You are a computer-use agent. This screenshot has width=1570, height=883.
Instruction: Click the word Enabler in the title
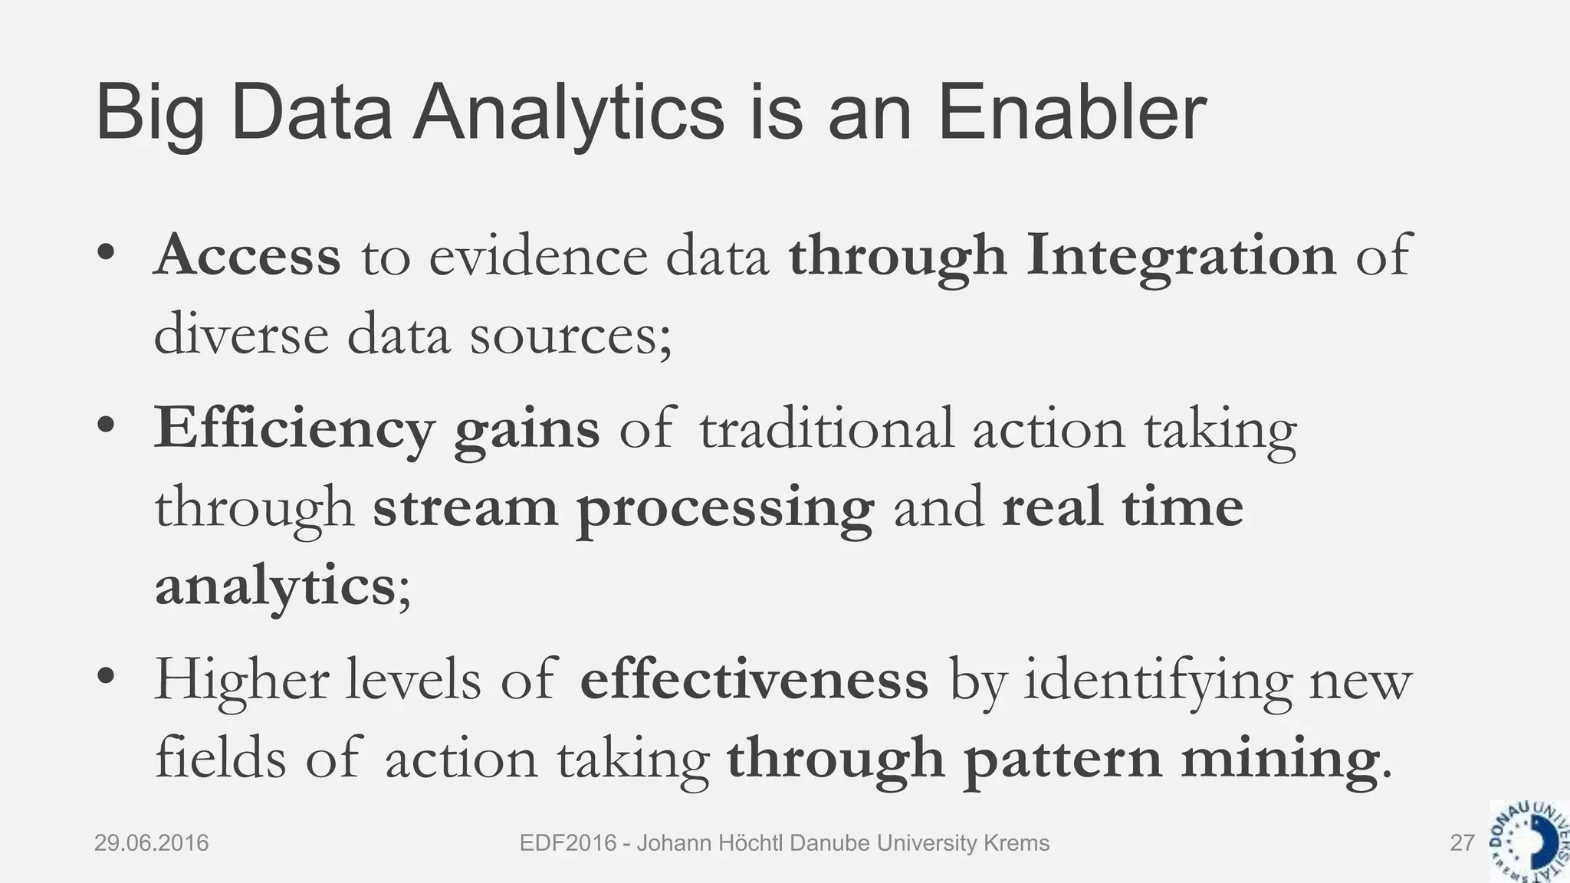click(1071, 113)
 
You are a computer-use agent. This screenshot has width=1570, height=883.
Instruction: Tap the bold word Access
click(248, 256)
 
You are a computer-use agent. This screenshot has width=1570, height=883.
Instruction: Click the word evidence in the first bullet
click(537, 256)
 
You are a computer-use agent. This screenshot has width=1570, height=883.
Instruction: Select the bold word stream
click(465, 508)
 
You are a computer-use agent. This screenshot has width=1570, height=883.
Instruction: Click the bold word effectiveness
click(754, 679)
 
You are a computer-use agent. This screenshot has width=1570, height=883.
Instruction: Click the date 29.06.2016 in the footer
click(151, 843)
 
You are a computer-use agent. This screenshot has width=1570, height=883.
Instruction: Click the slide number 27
click(1462, 843)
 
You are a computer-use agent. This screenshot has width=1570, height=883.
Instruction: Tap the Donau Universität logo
click(1529, 841)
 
